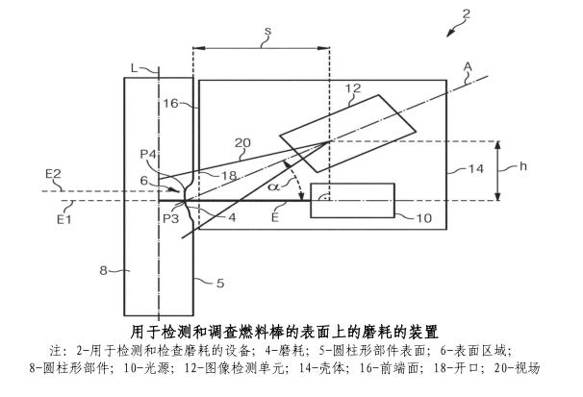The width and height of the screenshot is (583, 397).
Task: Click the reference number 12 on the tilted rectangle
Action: click(x=352, y=89)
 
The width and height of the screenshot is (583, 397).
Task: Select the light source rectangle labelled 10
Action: click(x=352, y=200)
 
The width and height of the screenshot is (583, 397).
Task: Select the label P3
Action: click(x=170, y=218)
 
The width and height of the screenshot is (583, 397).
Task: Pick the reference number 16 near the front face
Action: click(x=170, y=103)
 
